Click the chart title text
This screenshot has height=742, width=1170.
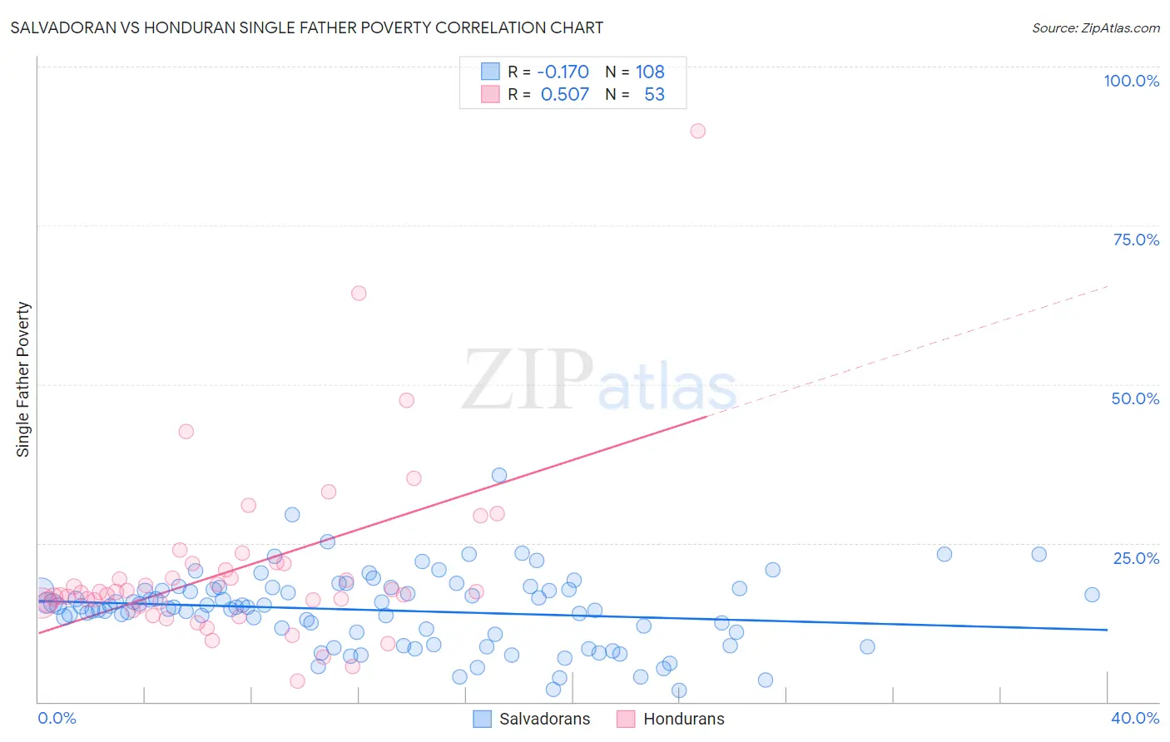point(307,27)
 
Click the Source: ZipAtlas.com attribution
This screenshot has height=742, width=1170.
point(1095,27)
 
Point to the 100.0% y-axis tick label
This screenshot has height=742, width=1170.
point(1131,81)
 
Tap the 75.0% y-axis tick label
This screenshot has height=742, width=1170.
point(1136,240)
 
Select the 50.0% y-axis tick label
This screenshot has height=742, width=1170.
point(1135,398)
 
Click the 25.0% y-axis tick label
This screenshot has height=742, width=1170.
point(1136,557)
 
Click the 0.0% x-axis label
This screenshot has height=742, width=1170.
point(57,718)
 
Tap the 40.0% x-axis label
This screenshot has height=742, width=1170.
point(1135,718)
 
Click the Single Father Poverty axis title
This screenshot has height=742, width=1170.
point(22,379)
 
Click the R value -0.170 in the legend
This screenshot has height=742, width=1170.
point(563,72)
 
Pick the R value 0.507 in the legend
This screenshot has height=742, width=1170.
point(564,95)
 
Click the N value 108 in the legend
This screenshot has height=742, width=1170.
point(650,72)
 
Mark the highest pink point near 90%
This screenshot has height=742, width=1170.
point(698,131)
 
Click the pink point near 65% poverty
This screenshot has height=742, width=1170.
point(359,293)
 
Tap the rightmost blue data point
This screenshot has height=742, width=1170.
point(1092,594)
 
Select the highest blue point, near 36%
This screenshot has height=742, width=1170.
point(499,475)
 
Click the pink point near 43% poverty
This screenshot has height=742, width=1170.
point(186,431)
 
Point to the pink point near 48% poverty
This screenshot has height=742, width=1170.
point(406,400)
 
